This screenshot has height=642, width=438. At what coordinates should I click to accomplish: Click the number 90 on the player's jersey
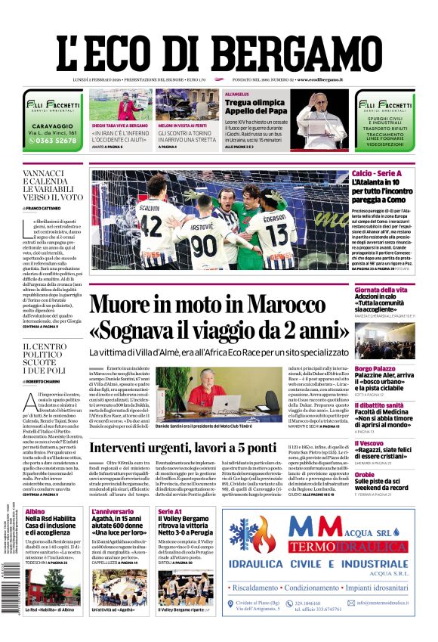click(204, 247)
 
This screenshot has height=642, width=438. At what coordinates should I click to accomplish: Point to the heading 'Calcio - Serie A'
click(378, 175)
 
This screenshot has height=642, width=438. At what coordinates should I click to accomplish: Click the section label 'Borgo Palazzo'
click(375, 368)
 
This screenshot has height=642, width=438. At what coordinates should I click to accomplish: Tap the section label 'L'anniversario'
click(112, 511)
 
